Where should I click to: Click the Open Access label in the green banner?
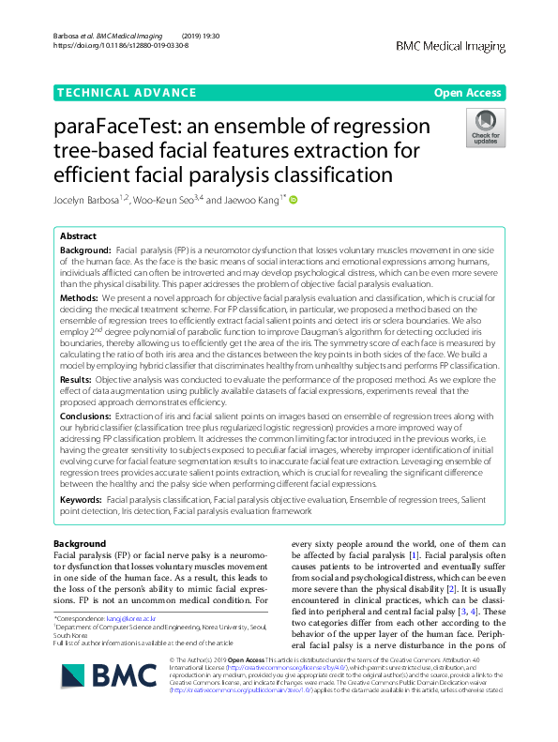pos(467,93)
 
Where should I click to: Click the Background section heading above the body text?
pos(80,544)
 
